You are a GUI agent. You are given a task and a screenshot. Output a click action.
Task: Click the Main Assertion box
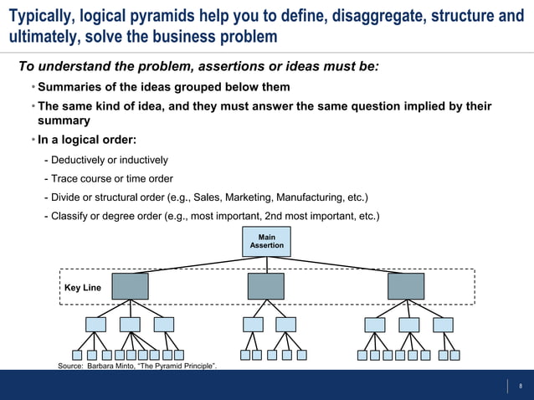pyautogui.click(x=267, y=242)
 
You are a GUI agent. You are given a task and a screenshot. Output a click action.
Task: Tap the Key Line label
pyautogui.click(x=83, y=288)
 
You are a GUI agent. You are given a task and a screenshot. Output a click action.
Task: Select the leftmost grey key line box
pyautogui.click(x=129, y=286)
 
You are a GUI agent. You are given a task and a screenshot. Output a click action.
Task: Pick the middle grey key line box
pyautogui.click(x=266, y=286)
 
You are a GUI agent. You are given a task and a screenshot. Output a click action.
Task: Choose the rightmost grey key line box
pyautogui.click(x=406, y=286)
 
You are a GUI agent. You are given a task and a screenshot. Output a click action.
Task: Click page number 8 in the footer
pyautogui.click(x=521, y=386)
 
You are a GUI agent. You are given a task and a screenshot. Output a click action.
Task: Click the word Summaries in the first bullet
pyautogui.click(x=70, y=87)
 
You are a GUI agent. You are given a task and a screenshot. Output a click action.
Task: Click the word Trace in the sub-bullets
pyautogui.click(x=65, y=178)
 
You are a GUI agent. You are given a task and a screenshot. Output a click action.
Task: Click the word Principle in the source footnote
pyautogui.click(x=196, y=367)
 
